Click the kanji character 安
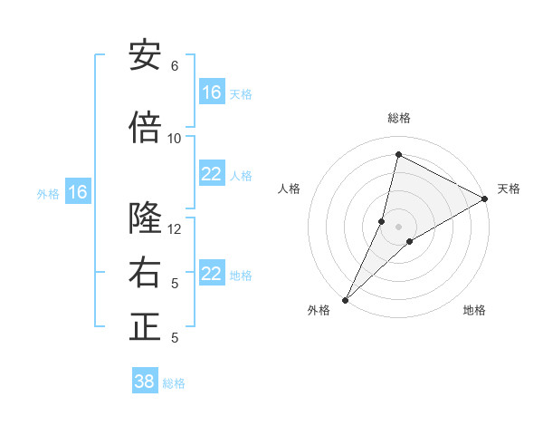pyautogui.click(x=145, y=55)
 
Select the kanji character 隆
pyautogui.click(x=145, y=218)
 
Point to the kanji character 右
pyautogui.click(x=145, y=273)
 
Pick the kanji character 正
pyautogui.click(x=145, y=327)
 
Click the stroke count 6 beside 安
pyautogui.click(x=175, y=66)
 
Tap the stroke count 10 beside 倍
pyautogui.click(x=175, y=139)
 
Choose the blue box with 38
pyautogui.click(x=145, y=382)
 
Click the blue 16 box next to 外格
pyautogui.click(x=78, y=192)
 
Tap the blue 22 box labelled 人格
pyautogui.click(x=212, y=175)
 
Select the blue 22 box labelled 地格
pyautogui.click(x=212, y=275)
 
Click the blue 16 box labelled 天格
pyautogui.click(x=212, y=92)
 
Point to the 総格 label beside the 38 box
pyautogui.click(x=174, y=383)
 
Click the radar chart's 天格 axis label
pyautogui.click(x=509, y=189)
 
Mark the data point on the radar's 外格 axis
pyautogui.click(x=346, y=299)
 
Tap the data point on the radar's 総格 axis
pyautogui.click(x=398, y=155)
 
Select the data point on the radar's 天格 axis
pyautogui.click(x=484, y=198)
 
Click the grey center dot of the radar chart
pyautogui.click(x=398, y=227)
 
